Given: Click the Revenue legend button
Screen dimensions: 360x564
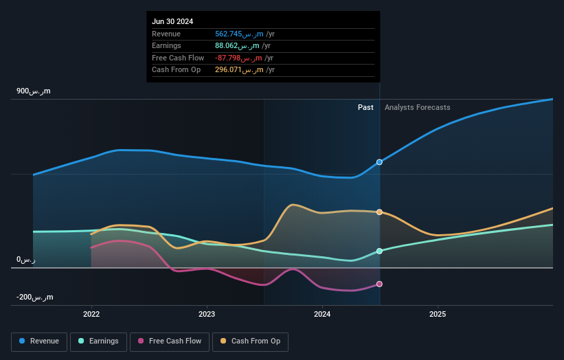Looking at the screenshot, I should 40,341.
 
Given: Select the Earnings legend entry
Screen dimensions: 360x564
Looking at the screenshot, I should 98,341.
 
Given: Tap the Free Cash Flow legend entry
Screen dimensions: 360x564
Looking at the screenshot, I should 170,341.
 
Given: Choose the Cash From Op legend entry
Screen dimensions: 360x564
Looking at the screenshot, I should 251,341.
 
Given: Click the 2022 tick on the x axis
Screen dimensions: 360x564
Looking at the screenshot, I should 91,314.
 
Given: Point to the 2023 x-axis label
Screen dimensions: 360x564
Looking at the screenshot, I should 207,314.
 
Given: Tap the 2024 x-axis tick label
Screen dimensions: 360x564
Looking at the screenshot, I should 322,314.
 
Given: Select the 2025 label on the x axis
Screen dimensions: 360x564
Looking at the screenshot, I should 438,314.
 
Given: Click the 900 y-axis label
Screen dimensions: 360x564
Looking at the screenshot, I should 34,91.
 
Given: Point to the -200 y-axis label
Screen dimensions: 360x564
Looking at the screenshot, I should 34,297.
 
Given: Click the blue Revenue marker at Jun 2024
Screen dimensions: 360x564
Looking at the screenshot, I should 379,162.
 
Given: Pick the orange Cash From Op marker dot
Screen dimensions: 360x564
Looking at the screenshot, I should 379,212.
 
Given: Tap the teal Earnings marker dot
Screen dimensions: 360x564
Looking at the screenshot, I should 379,251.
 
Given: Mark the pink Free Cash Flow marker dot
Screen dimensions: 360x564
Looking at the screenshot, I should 379,284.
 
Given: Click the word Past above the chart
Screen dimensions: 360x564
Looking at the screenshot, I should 365,107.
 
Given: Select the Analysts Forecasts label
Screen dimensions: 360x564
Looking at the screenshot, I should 418,107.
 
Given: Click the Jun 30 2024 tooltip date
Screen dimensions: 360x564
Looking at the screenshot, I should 172,21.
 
